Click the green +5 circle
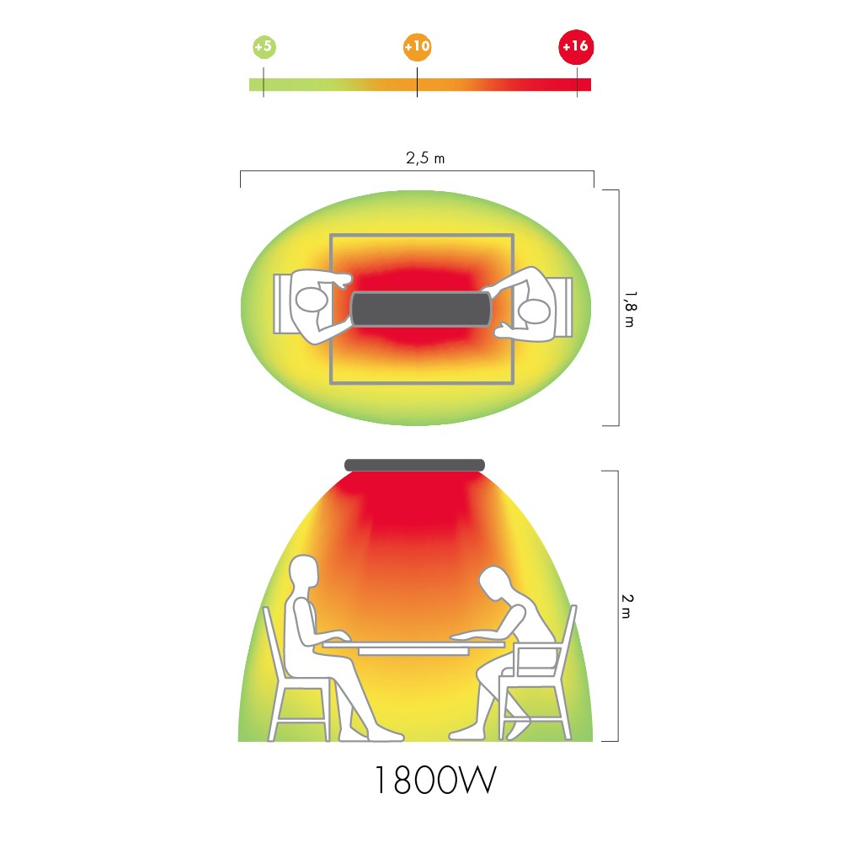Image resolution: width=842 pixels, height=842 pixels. pos(264,46)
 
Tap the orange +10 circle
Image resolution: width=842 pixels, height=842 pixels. pos(418,46)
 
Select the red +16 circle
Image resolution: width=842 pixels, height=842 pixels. pos(576,47)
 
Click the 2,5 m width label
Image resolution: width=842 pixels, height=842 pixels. pos(425,158)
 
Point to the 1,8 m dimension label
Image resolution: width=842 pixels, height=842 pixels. pos(630,309)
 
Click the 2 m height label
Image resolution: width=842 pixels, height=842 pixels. pos(627,606)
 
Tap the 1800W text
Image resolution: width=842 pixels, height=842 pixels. pos(435,781)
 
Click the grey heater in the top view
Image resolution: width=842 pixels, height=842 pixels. pos(421,309)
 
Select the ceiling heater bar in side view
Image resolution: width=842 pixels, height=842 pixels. pos(414,465)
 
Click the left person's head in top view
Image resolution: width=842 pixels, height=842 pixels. pos(312,300)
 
